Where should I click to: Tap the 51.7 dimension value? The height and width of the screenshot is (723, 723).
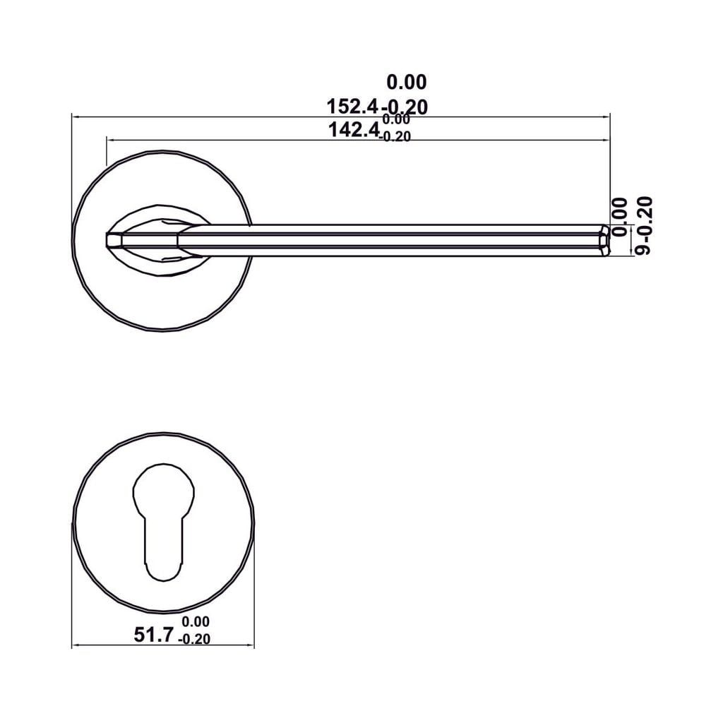pos(153,635)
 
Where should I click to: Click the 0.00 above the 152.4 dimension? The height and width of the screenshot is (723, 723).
pos(407,83)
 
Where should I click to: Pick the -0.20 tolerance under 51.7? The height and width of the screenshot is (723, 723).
pos(195,640)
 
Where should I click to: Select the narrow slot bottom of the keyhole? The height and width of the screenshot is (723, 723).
pos(163,558)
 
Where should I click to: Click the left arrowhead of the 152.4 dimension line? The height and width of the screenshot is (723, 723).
pos(75,116)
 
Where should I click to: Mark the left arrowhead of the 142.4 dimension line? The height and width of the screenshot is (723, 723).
pos(109,140)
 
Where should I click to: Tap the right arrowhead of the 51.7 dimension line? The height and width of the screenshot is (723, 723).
pos(251,645)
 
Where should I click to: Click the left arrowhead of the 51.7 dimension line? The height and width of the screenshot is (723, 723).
pos(76,645)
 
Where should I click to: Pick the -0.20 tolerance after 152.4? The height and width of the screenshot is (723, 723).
pos(405,107)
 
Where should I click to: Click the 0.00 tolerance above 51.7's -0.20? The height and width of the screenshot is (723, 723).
pos(196,622)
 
